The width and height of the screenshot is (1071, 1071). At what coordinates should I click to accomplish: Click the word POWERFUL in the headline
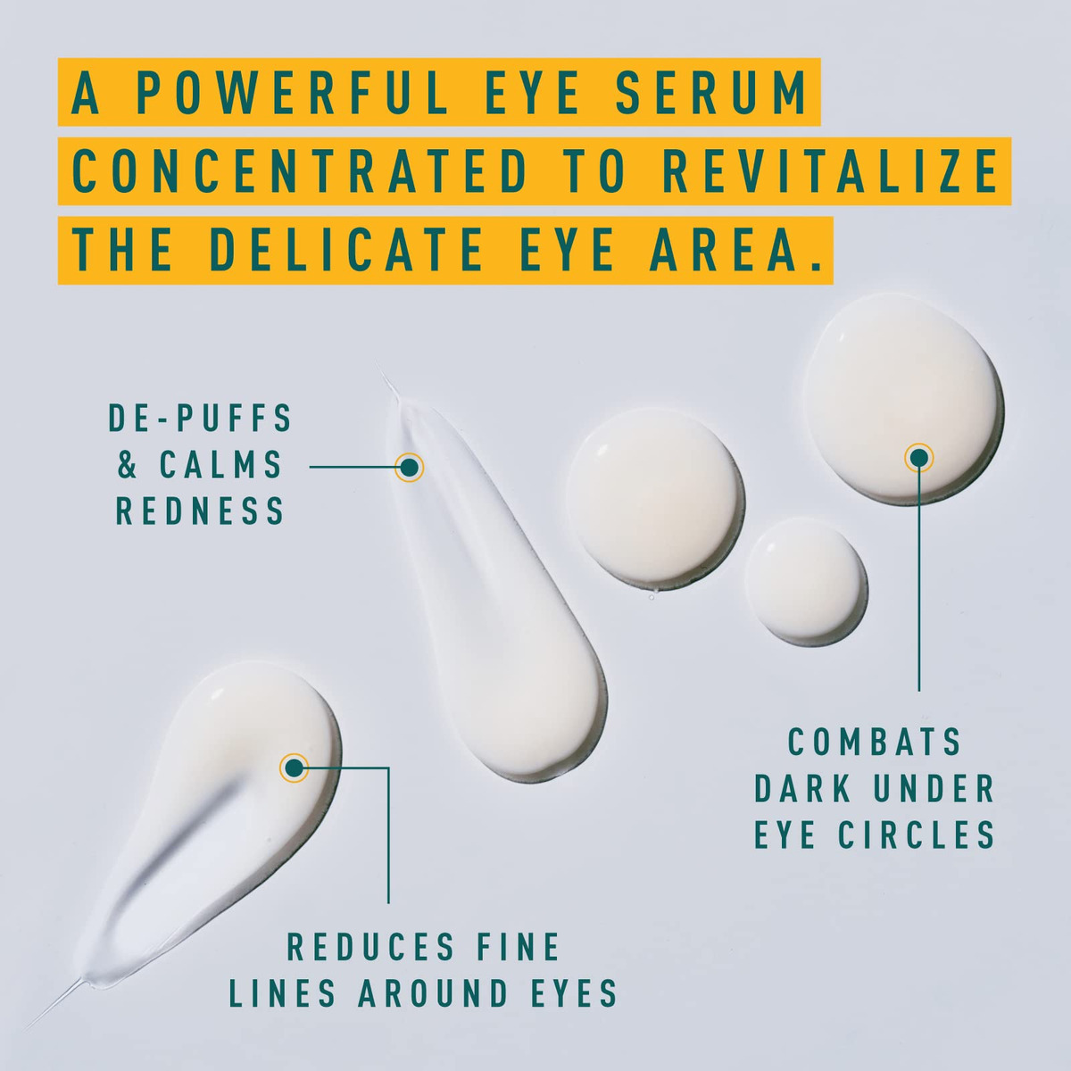click(x=291, y=93)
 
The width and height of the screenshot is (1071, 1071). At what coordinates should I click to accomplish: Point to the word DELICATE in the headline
click(x=345, y=251)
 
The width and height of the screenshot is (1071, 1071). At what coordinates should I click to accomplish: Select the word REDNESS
click(x=200, y=511)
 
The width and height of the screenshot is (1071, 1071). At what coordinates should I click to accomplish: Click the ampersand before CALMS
click(x=128, y=464)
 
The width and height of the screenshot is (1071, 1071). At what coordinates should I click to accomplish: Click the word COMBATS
click(x=875, y=742)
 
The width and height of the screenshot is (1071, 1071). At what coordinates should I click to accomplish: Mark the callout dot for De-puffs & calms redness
click(x=409, y=468)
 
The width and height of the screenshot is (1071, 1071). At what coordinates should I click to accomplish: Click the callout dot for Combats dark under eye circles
click(x=918, y=458)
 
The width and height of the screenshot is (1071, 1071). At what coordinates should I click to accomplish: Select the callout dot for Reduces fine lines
click(x=294, y=768)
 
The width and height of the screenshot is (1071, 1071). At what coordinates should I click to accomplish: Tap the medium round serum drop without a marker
click(x=655, y=496)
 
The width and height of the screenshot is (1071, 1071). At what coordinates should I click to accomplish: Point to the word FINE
click(x=519, y=947)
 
